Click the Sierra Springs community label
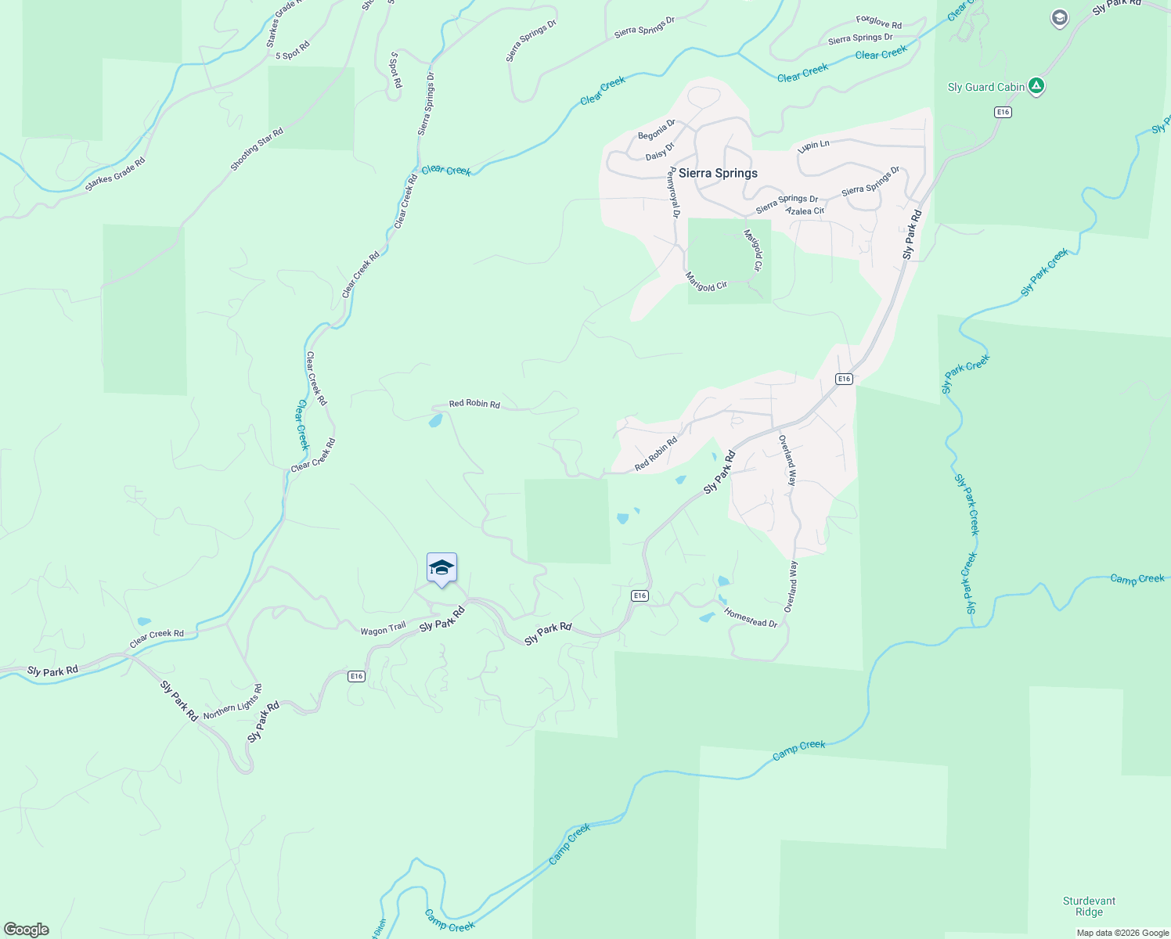click(718, 173)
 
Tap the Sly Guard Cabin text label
click(985, 87)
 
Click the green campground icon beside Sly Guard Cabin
click(1036, 86)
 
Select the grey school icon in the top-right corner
click(1059, 18)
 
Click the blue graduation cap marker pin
click(441, 568)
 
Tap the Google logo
click(27, 930)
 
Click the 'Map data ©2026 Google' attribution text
click(1122, 933)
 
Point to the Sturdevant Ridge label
click(1089, 906)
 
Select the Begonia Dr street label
click(656, 131)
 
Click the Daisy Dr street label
click(660, 151)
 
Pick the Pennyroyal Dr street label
click(674, 192)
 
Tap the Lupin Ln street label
click(813, 146)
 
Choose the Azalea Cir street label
click(805, 211)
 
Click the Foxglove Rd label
click(878, 23)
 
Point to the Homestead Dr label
click(751, 617)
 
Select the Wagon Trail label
click(383, 629)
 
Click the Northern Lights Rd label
click(232, 703)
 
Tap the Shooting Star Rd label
click(257, 149)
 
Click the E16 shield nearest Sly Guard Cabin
click(1003, 113)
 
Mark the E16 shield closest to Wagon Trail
click(356, 676)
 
